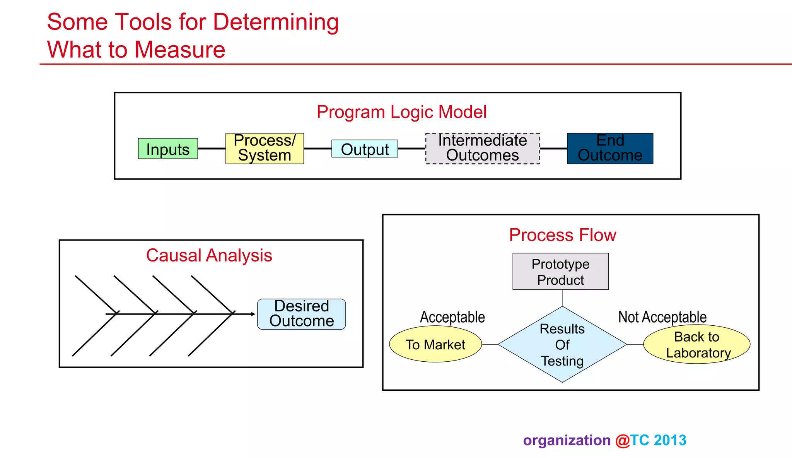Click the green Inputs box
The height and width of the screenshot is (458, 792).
point(168,149)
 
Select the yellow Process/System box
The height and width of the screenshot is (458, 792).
point(265,149)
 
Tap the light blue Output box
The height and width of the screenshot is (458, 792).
point(365,149)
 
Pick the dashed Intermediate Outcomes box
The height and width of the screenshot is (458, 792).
point(482,149)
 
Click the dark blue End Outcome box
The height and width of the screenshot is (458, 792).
point(610,149)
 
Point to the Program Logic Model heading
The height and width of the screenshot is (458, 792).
point(401,112)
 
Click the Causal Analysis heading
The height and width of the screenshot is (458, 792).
point(209,256)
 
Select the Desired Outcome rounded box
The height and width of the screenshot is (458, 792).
point(301,314)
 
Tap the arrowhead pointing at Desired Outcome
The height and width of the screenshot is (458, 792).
point(253,314)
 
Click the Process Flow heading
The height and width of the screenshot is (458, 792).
point(562,235)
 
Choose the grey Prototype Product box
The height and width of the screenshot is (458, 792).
point(560,272)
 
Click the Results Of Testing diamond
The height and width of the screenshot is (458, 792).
point(562,344)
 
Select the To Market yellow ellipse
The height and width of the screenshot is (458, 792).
point(435,344)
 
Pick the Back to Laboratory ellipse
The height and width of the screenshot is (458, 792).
point(697,344)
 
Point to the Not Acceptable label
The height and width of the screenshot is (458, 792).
point(662,317)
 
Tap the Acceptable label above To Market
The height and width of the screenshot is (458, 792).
point(452,317)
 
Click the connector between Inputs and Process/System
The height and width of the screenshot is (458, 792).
point(212,149)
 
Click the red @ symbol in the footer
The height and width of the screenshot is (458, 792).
point(623,441)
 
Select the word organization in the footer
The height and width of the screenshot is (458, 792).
point(567,441)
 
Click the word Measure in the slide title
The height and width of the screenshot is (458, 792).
point(180,50)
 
